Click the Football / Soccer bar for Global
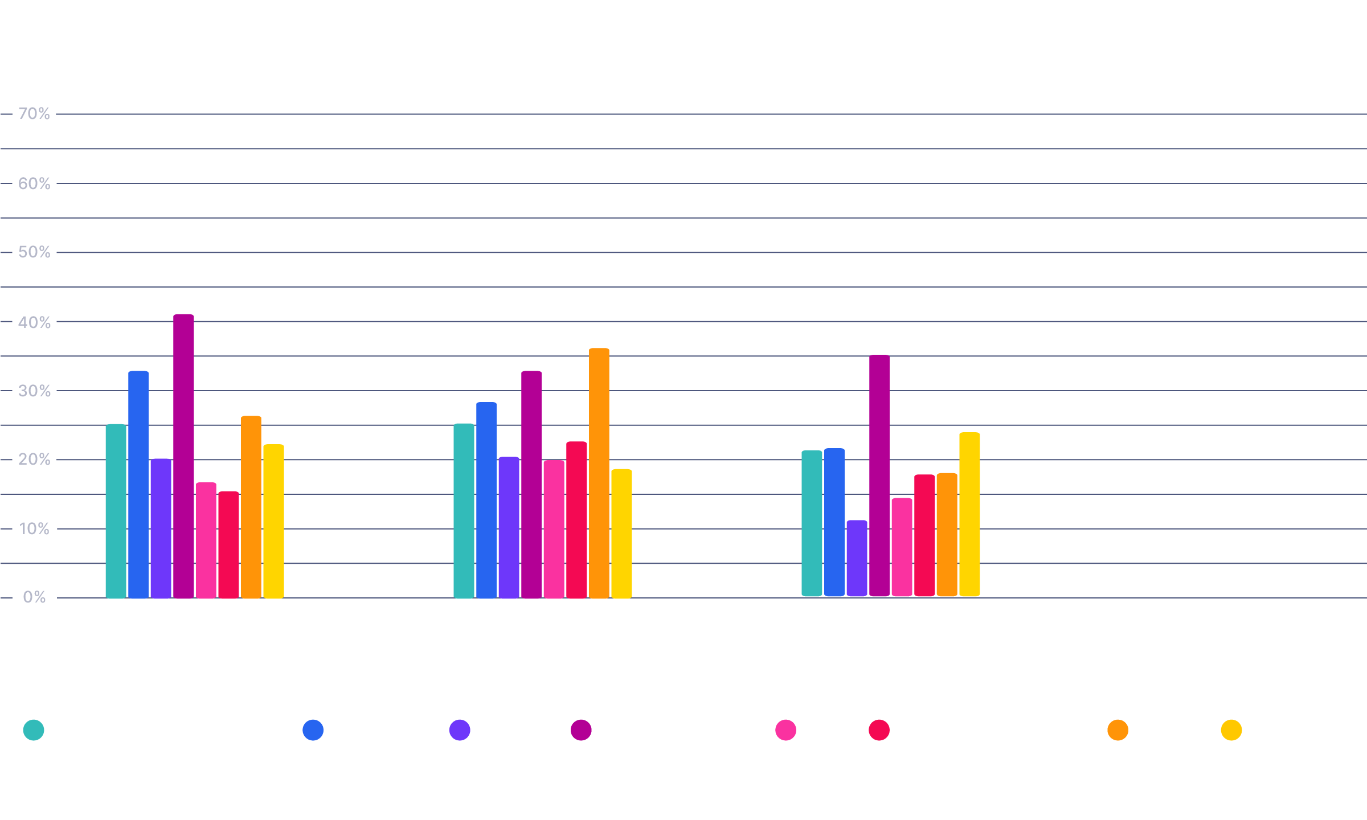[x=183, y=456]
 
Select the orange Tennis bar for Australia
[x=599, y=473]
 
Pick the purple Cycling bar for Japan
[x=857, y=558]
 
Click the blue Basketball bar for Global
[x=138, y=484]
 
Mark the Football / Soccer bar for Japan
[x=879, y=475]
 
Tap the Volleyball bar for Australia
[x=621, y=533]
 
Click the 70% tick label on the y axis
[x=34, y=114]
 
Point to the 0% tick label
[x=34, y=597]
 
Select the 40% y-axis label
[x=34, y=322]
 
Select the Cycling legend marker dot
[x=460, y=731]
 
